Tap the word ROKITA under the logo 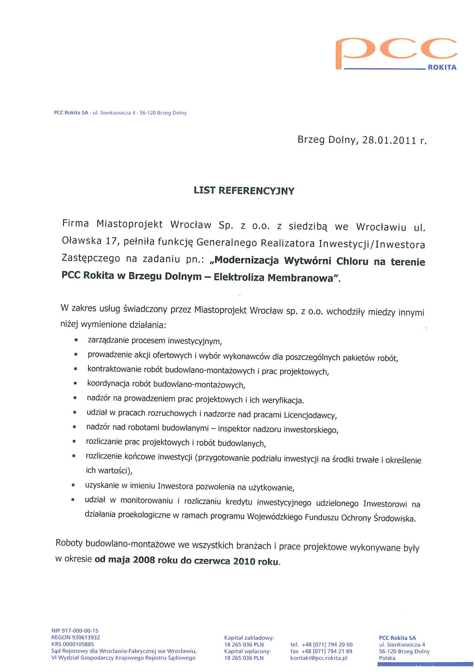pos(442,68)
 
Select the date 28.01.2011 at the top pos(389,141)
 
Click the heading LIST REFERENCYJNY pos(244,191)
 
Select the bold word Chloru pos(352,261)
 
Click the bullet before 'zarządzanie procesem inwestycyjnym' pos(76,340)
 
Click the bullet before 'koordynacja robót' pos(76,383)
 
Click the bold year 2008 pos(144,560)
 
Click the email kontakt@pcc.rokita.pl pos(319,658)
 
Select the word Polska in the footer pos(387,658)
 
